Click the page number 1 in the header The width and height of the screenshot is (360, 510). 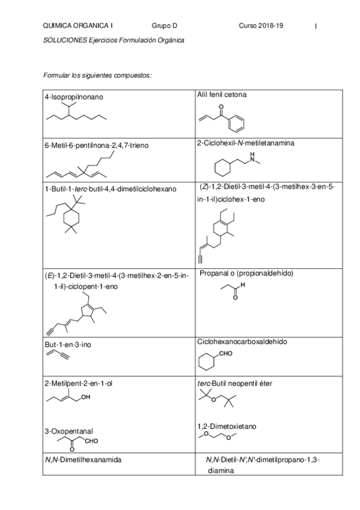coord(316,26)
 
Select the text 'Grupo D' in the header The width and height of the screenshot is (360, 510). coord(163,26)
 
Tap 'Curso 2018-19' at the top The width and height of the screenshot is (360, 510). coord(261,26)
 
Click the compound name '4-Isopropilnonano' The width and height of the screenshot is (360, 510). coord(74,96)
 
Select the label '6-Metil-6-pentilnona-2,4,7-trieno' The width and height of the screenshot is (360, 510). coord(96,145)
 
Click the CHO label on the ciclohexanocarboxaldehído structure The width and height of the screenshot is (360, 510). coord(226,354)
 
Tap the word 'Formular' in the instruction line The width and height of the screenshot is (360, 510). coord(56,75)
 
